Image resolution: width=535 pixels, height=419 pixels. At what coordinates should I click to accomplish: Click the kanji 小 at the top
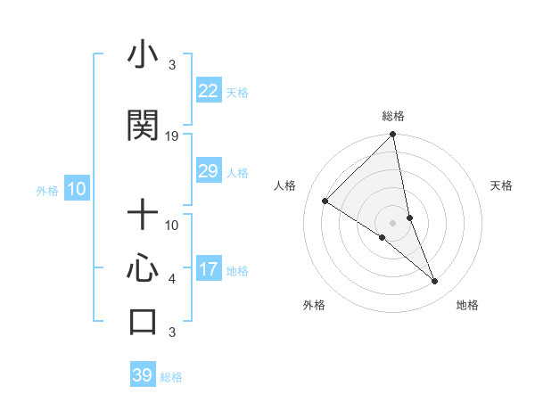143,55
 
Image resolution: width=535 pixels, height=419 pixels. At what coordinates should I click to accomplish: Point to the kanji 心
143,268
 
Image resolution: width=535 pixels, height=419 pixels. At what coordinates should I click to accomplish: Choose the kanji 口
143,321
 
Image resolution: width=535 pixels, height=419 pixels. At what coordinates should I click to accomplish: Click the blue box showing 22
209,91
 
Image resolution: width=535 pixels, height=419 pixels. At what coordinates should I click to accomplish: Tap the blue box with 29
209,171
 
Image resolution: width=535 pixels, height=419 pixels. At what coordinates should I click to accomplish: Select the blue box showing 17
209,269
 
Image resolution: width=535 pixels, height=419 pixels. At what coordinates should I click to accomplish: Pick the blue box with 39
142,375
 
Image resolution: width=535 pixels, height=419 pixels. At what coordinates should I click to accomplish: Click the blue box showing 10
76,189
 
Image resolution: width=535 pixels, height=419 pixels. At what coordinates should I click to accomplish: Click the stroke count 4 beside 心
172,279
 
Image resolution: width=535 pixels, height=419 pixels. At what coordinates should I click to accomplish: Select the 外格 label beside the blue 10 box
47,190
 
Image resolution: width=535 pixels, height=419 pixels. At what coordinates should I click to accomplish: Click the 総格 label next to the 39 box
171,377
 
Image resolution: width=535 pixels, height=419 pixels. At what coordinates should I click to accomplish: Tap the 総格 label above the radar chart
393,116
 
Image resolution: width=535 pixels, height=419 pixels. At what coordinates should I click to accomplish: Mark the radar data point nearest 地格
435,282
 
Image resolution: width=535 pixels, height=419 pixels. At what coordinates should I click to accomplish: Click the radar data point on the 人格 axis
325,201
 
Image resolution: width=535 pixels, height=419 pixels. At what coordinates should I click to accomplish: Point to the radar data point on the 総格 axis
393,136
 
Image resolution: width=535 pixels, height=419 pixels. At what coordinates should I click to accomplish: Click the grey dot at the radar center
393,222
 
